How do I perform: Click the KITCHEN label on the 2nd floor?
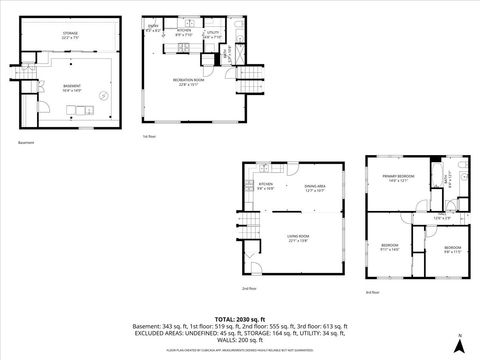[x=267, y=186]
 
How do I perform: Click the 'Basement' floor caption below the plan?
[x=27, y=143]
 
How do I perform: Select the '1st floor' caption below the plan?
[x=150, y=136]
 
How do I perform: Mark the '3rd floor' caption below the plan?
[x=373, y=292]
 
